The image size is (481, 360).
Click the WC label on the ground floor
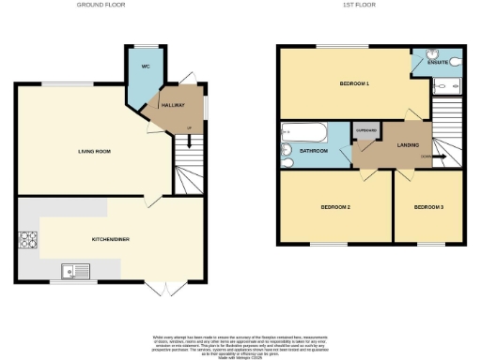tap(146, 67)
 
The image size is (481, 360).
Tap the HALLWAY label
tap(172, 106)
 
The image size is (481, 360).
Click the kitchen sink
tap(72, 272)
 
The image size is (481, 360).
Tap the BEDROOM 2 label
tap(335, 206)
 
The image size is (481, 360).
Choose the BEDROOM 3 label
tap(427, 206)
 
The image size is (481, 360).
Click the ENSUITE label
tap(437, 61)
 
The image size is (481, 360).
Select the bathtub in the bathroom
tap(300, 132)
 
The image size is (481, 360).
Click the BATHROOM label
tap(314, 150)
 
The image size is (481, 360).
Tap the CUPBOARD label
tap(365, 129)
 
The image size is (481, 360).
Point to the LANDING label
tap(407, 144)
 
